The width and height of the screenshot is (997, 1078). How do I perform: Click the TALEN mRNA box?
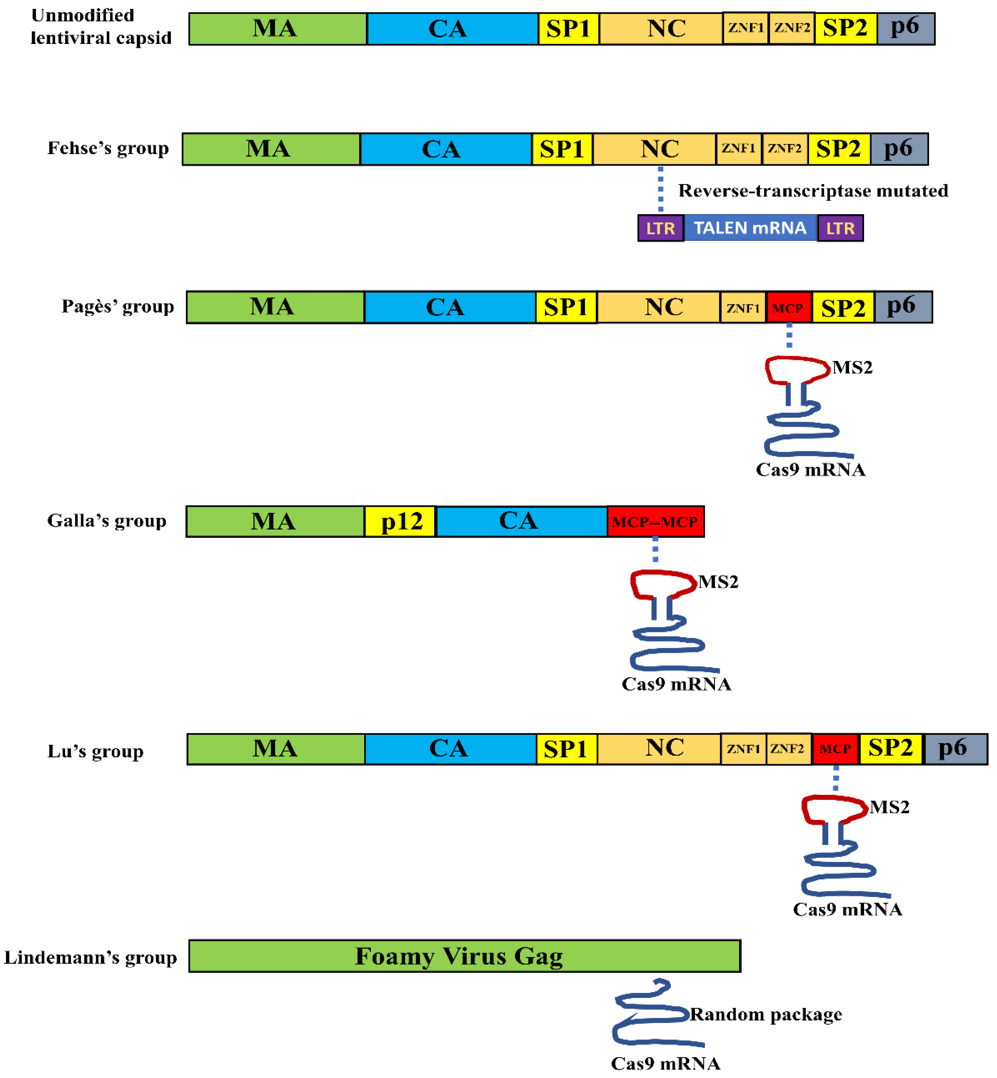(750, 228)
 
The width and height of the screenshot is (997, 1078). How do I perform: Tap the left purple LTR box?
(660, 228)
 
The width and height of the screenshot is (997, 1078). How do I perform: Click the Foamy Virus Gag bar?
(464, 956)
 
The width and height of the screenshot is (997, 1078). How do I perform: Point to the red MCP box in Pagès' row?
(788, 308)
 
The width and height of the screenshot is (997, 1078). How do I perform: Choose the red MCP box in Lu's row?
(835, 749)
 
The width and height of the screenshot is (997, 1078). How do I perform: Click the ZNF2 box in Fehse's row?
(785, 149)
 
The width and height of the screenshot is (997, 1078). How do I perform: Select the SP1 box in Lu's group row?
(566, 749)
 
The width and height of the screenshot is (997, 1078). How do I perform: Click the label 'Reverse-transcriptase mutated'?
(813, 191)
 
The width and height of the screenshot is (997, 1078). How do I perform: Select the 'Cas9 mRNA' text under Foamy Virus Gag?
(665, 1063)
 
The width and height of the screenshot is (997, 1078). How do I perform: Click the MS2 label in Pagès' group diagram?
(852, 367)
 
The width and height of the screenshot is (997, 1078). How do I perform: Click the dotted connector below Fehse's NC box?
(660, 189)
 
